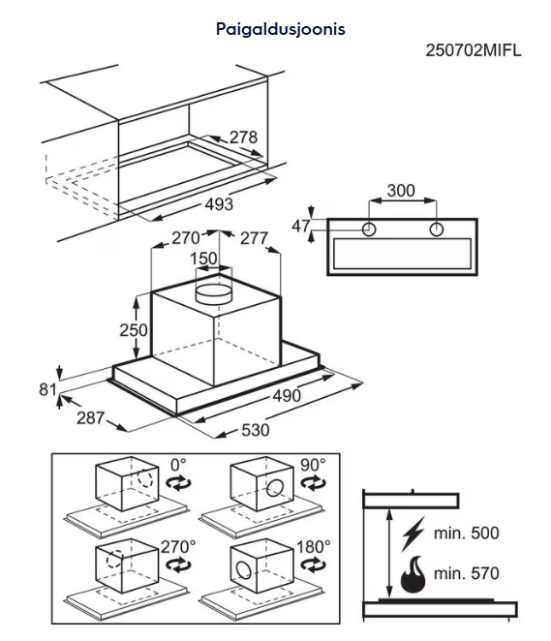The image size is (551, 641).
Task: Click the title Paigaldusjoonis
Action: point(281,29)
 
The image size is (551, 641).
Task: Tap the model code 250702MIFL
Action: point(474,50)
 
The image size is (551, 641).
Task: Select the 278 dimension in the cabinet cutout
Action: point(243,137)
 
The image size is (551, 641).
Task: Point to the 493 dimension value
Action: point(219,204)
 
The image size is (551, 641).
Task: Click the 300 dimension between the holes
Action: point(401,191)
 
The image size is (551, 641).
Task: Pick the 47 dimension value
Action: point(300,226)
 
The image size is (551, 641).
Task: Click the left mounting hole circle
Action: point(369,229)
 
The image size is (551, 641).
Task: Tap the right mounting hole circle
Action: point(437,229)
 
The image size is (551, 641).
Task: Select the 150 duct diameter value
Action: point(203,259)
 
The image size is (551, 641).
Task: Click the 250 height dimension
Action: point(134,330)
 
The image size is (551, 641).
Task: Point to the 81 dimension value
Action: point(47,389)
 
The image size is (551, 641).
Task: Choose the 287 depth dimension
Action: point(90,417)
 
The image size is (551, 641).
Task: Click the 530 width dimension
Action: point(255,430)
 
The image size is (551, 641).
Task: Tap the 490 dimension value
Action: point(287,396)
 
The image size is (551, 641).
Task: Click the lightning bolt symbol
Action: point(413,534)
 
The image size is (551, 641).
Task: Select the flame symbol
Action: point(413,574)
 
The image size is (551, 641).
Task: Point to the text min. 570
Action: point(466,573)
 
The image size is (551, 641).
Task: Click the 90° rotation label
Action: point(313,465)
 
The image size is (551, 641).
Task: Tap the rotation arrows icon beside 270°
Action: point(178,565)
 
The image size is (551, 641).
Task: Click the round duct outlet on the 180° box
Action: point(244,570)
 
